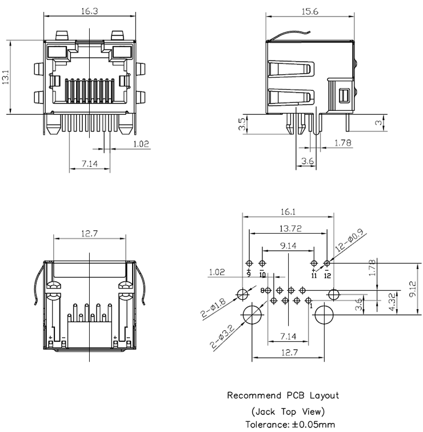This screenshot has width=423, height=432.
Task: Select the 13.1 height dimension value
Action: pyautogui.click(x=6, y=77)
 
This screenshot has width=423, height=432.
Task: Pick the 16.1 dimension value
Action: pyautogui.click(x=288, y=212)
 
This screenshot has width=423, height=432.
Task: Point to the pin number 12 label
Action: pyautogui.click(x=327, y=275)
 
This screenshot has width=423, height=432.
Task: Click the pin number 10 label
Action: pyautogui.click(x=262, y=275)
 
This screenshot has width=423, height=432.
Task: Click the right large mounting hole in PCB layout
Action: pyautogui.click(x=324, y=314)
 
